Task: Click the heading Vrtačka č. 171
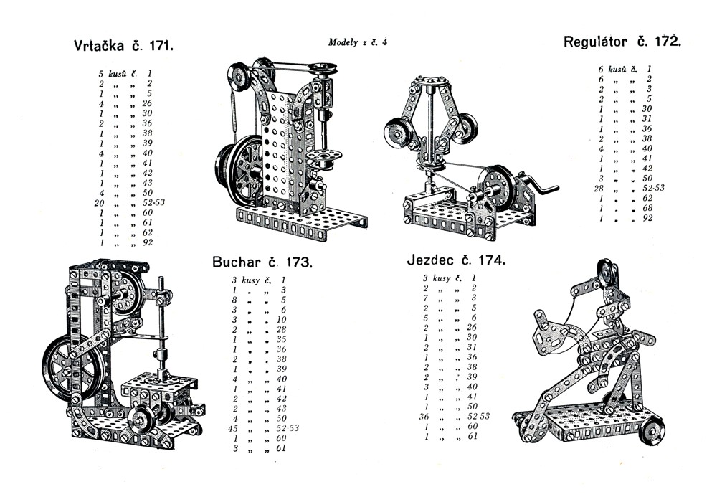coord(124,47)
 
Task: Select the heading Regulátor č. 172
coord(622,42)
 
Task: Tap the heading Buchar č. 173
coord(262,262)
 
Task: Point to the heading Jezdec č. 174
coord(456,260)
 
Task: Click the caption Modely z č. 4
coord(358,42)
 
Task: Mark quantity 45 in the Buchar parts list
coord(234,428)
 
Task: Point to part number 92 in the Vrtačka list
coord(148,243)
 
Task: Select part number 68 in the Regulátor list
coord(648,208)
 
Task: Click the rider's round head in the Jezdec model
coord(608,273)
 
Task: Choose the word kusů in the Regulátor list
coord(618,70)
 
